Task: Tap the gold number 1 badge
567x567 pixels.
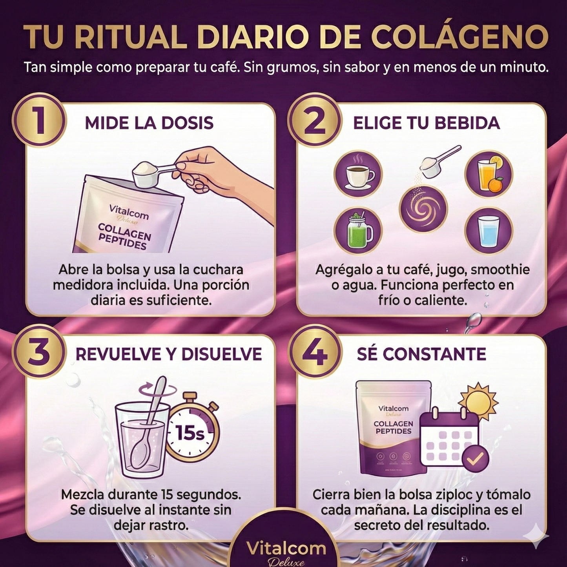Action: pyautogui.click(x=39, y=120)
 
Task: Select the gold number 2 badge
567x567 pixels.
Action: pyautogui.click(x=314, y=120)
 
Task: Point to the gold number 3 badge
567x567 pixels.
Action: pyautogui.click(x=39, y=352)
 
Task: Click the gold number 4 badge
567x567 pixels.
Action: pyautogui.click(x=314, y=352)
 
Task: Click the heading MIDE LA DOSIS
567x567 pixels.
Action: pyautogui.click(x=149, y=123)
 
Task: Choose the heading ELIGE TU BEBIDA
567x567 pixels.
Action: pyautogui.click(x=426, y=123)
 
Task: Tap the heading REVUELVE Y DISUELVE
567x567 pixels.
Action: pyautogui.click(x=168, y=354)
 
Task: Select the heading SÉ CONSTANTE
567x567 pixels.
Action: pyautogui.click(x=421, y=354)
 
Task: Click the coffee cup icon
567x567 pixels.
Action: pyautogui.click(x=358, y=175)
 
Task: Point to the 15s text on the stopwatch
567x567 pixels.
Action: pyautogui.click(x=190, y=433)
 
